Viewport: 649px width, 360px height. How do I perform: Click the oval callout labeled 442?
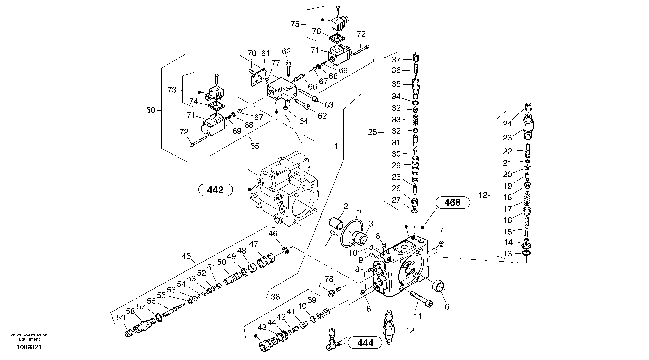pos(215,190)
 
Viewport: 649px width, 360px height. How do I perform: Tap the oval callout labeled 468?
pos(452,203)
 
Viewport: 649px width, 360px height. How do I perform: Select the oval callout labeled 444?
pos(365,343)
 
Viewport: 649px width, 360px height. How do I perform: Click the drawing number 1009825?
pos(29,347)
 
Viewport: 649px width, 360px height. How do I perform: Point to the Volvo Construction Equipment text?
pos(29,337)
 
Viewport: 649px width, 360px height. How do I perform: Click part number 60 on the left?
pos(151,110)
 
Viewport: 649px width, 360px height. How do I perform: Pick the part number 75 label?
pos(295,24)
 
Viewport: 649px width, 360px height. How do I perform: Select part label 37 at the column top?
pos(396,60)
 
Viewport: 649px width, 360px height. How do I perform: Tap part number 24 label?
pos(507,124)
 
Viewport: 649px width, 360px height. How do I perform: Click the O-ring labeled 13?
pos(526,253)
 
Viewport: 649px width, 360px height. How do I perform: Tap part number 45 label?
pos(186,256)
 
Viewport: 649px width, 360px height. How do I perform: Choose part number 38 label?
pos(275,297)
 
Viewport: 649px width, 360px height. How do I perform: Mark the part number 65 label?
pos(255,146)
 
